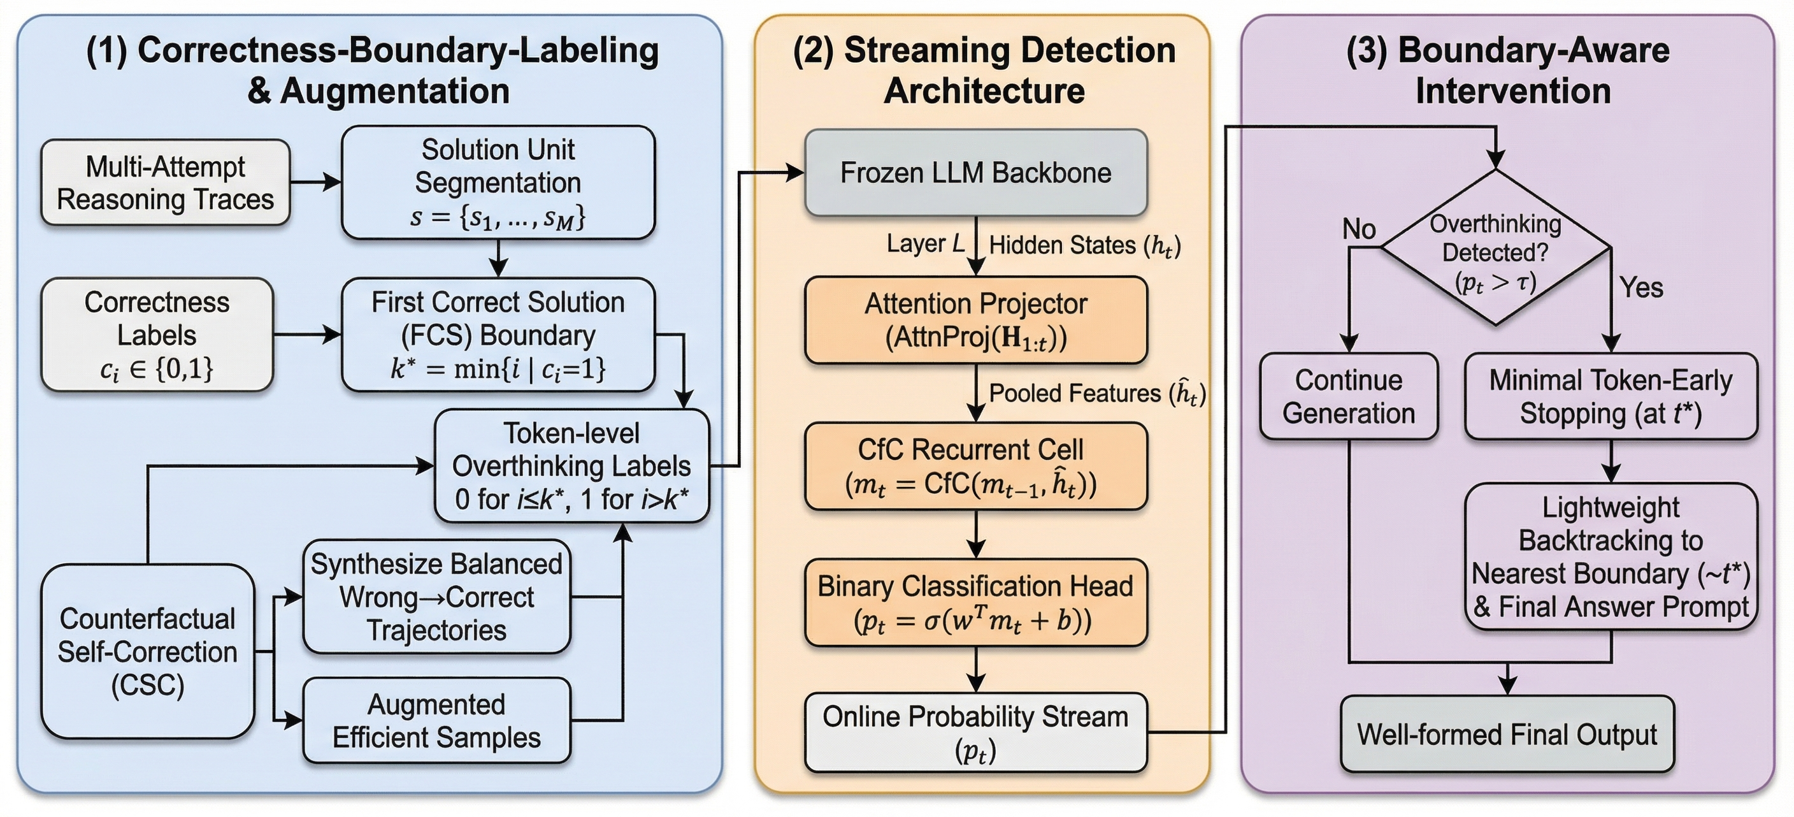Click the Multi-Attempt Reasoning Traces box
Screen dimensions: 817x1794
165,182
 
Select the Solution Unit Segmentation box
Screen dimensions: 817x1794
498,182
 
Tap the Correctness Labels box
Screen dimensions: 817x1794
157,335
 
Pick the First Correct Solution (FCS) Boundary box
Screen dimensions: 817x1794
498,335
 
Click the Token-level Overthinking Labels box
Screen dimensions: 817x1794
571,465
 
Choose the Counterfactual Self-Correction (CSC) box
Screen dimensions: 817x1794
147,651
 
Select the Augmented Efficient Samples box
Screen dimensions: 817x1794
436,720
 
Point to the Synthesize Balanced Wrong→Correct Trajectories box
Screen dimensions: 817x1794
436,597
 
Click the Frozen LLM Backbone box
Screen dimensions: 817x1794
976,173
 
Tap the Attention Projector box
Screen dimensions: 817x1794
976,321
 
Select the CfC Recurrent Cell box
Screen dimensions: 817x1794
976,466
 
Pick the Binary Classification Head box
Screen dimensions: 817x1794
976,602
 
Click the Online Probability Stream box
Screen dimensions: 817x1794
976,732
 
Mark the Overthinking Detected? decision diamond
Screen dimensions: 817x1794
1495,248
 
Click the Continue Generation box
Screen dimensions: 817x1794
1348,396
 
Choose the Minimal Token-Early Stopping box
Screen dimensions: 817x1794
1610,396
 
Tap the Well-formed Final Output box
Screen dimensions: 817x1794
1507,734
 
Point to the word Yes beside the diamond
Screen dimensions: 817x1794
1641,287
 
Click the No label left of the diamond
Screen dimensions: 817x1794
1359,228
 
